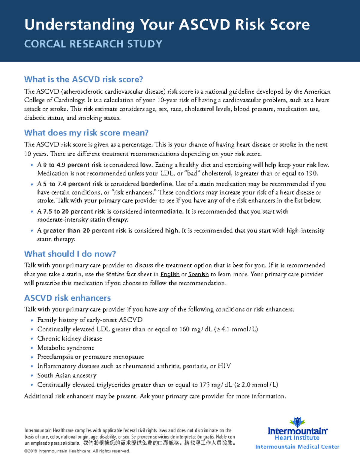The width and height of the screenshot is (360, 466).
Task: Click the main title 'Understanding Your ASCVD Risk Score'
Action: (x=167, y=25)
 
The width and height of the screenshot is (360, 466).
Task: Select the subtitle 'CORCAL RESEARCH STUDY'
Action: (x=93, y=44)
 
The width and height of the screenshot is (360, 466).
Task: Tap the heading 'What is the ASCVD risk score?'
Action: (x=83, y=79)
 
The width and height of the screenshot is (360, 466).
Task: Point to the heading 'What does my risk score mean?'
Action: (x=86, y=133)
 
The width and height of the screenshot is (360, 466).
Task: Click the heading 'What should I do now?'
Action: (x=70, y=254)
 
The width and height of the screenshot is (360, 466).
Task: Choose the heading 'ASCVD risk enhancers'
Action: (x=67, y=298)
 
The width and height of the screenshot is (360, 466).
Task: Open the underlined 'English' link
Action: (x=170, y=274)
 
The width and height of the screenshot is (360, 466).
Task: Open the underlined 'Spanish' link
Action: (x=198, y=274)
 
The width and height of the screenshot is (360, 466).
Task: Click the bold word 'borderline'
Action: (x=157, y=184)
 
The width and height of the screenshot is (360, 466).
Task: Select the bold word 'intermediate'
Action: (x=163, y=212)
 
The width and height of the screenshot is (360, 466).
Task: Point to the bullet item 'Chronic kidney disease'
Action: (x=70, y=338)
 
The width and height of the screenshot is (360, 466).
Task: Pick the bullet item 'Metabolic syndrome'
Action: (x=66, y=348)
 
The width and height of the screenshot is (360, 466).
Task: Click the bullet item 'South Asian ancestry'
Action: (x=67, y=375)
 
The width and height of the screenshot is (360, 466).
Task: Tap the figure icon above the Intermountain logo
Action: (x=297, y=422)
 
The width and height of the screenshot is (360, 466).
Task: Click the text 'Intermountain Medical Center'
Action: (x=297, y=447)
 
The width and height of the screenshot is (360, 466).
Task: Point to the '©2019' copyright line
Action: (x=77, y=451)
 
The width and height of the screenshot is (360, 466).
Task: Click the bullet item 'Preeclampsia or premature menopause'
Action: (x=90, y=357)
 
